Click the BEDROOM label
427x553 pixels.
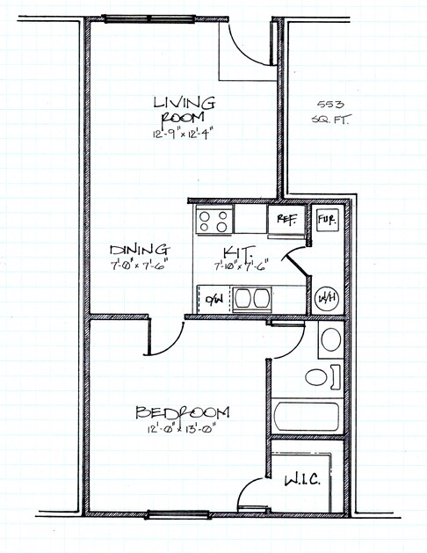[x=183, y=413]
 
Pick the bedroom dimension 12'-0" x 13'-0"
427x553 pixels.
[x=183, y=431]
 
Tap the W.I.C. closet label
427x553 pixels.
[x=301, y=482]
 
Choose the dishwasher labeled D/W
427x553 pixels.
[x=213, y=299]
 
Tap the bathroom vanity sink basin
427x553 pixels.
[x=330, y=338]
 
